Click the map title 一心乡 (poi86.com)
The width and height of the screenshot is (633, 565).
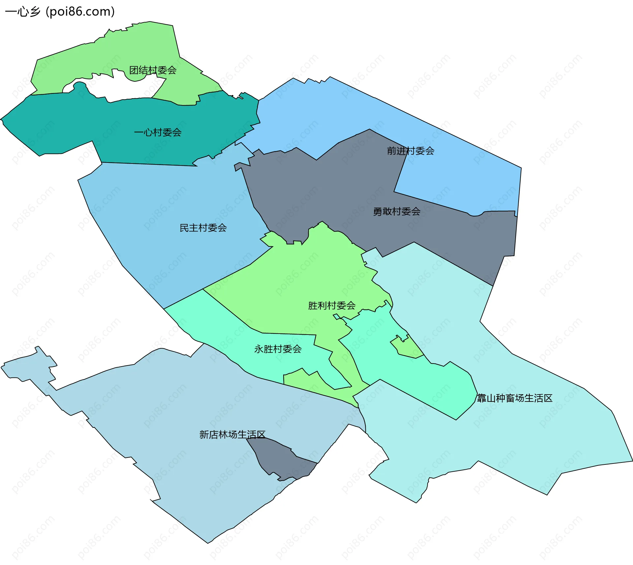point(60,12)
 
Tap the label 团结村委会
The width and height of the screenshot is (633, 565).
point(153,70)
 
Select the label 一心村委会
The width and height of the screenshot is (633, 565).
point(158,133)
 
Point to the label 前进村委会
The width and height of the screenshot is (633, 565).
point(410,151)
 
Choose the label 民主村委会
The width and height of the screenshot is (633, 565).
point(203,228)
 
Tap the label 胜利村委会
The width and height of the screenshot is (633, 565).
point(332,306)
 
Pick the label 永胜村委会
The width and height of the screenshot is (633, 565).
point(278,349)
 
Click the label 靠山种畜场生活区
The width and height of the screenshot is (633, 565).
point(514,398)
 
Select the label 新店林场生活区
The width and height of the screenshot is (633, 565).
point(232,434)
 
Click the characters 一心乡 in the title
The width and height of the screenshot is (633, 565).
point(22,12)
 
